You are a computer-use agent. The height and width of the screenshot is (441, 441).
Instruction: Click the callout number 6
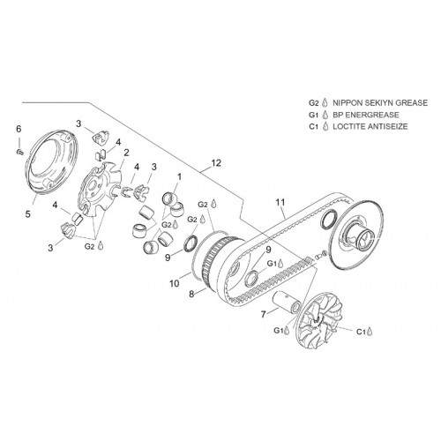coord(19,129)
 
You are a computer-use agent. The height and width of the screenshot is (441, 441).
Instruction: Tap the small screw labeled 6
coord(19,152)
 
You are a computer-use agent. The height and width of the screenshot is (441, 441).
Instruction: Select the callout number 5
coord(27,214)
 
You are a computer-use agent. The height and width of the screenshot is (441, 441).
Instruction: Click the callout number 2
coord(126,153)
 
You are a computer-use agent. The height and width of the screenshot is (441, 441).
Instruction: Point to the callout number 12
coord(216,163)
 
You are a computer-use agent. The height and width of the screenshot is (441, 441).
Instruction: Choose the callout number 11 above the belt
coord(280,202)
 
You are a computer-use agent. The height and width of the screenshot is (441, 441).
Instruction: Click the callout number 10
coord(174,283)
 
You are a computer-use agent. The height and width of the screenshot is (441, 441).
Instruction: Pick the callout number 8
coord(191,294)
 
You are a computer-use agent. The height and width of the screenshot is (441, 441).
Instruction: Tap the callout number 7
coord(263,315)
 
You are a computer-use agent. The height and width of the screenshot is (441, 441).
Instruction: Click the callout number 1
coord(179,177)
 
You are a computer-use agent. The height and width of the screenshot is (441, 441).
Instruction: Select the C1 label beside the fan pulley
coord(361,332)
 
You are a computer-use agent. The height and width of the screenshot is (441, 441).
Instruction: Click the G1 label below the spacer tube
coord(278,331)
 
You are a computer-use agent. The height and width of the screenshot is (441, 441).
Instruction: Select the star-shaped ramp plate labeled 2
coord(100,191)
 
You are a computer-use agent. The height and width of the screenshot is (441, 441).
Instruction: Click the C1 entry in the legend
coord(314,127)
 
